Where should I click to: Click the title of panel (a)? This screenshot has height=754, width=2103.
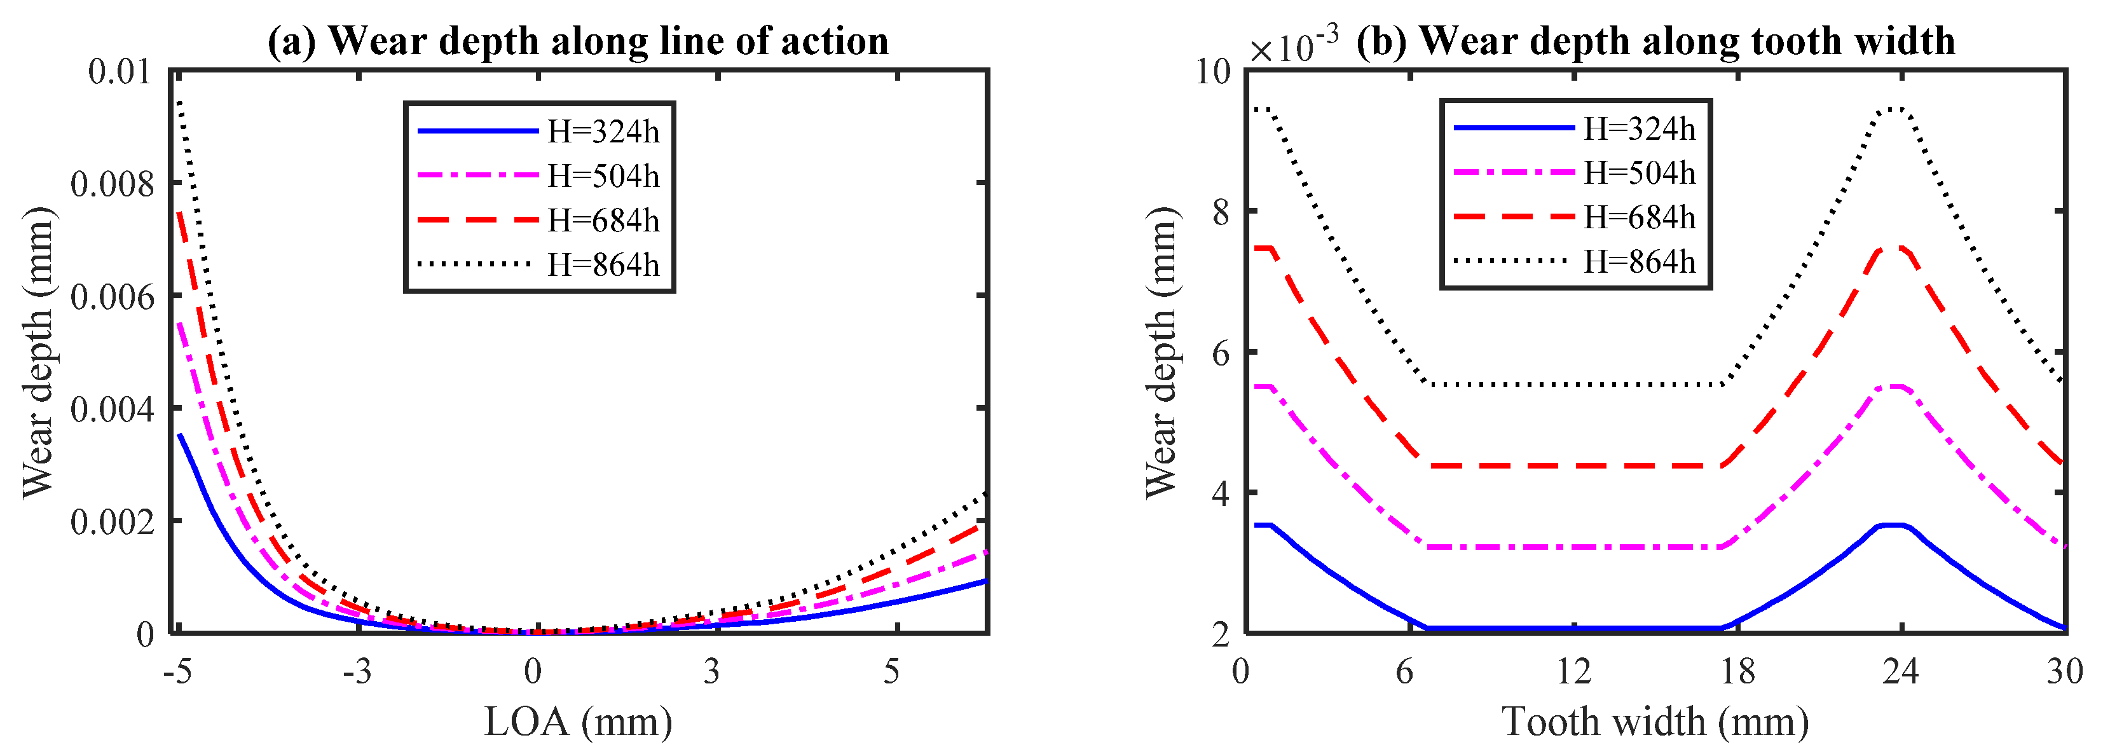pos(578,41)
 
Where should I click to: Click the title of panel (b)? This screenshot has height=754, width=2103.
pos(1655,41)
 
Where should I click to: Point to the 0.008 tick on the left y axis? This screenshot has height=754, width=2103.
pos(112,184)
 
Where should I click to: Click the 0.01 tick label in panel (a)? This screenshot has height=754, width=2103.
pos(120,72)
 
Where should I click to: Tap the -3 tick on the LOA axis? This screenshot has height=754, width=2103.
pos(357,671)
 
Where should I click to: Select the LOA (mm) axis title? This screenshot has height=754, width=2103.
pos(578,722)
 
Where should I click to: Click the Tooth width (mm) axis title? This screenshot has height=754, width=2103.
pos(1655,722)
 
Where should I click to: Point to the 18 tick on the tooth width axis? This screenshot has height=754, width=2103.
pos(1737,671)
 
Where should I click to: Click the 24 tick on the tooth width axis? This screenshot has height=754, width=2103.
pos(1901,671)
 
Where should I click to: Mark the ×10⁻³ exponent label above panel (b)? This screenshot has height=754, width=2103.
pos(1293,46)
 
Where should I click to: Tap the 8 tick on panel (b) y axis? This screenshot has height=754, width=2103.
pos(1221,212)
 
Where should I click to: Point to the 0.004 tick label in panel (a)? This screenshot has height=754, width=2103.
pos(112,409)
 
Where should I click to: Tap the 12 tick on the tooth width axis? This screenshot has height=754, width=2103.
pos(1573,671)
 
